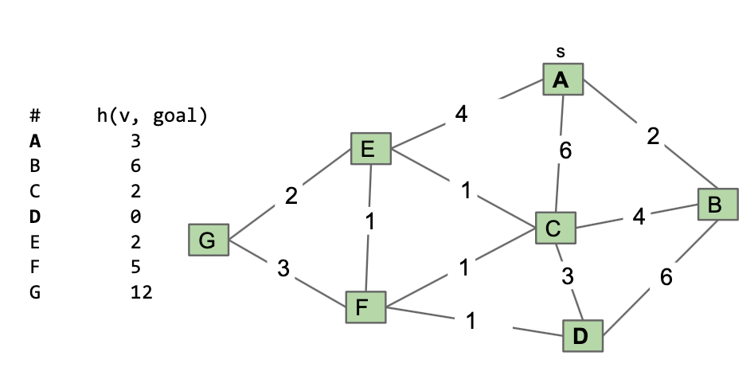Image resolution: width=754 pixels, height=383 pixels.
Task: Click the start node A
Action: [563, 80]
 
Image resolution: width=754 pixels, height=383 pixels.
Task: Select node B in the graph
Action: [718, 205]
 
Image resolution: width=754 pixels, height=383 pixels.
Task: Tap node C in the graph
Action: [556, 228]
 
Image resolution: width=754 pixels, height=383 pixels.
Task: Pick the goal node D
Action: [583, 336]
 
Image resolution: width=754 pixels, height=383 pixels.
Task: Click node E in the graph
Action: [371, 149]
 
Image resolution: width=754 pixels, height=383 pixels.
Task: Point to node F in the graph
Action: [365, 307]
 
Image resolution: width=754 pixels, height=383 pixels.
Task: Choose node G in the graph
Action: [209, 240]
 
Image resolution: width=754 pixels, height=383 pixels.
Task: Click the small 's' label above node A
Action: [561, 52]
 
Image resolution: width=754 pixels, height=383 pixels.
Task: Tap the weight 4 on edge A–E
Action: [461, 114]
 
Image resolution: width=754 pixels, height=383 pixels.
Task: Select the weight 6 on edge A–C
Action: [565, 150]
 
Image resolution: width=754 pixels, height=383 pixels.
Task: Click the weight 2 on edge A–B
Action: [653, 137]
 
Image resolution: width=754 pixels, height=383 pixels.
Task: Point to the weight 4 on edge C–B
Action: [639, 217]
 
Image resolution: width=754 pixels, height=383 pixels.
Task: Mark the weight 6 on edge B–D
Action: [666, 277]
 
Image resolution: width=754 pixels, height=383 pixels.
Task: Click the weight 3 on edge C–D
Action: [568, 276]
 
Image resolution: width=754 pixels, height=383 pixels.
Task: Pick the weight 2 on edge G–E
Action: [291, 196]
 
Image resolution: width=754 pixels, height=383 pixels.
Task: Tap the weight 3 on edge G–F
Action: [283, 268]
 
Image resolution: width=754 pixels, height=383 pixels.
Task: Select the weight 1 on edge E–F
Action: [369, 222]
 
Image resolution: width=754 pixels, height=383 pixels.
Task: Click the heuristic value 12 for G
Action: [142, 292]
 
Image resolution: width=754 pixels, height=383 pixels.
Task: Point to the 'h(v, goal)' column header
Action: [152, 116]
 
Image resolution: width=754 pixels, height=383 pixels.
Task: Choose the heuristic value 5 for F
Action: [135, 267]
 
